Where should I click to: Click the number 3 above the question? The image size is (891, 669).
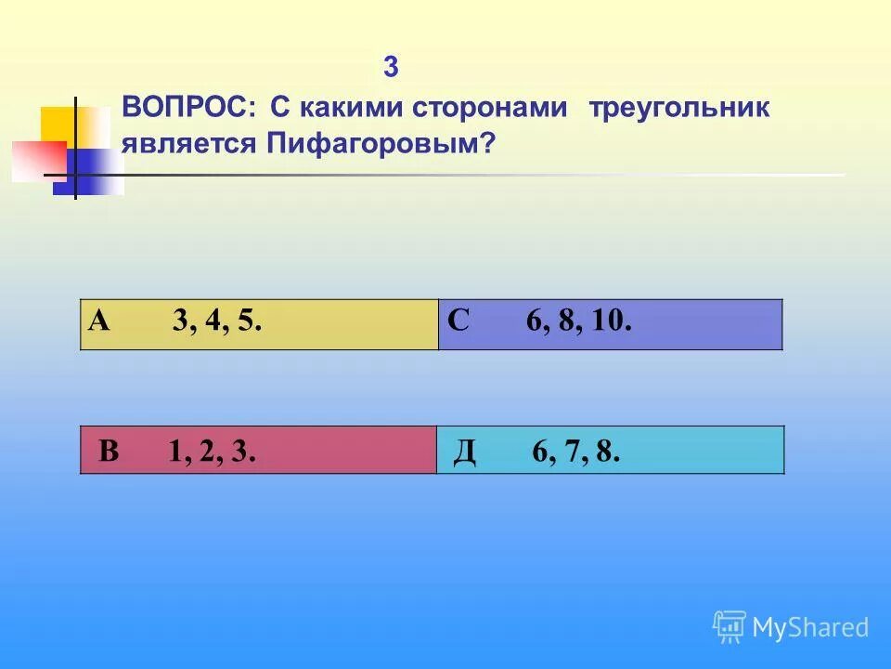391,68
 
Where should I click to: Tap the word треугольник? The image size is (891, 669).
679,109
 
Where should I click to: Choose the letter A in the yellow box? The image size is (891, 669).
99,321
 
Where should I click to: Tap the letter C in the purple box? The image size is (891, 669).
458,321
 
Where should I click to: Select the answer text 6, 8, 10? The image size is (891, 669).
579,322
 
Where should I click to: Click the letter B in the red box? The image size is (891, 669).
109,452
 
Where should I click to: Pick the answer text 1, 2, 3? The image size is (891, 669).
212,453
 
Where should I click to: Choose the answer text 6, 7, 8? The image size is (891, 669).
575,453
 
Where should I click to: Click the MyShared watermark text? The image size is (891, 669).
810,627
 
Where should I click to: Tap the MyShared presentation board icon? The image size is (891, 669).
730,626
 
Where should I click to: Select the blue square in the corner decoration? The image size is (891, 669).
93,172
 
